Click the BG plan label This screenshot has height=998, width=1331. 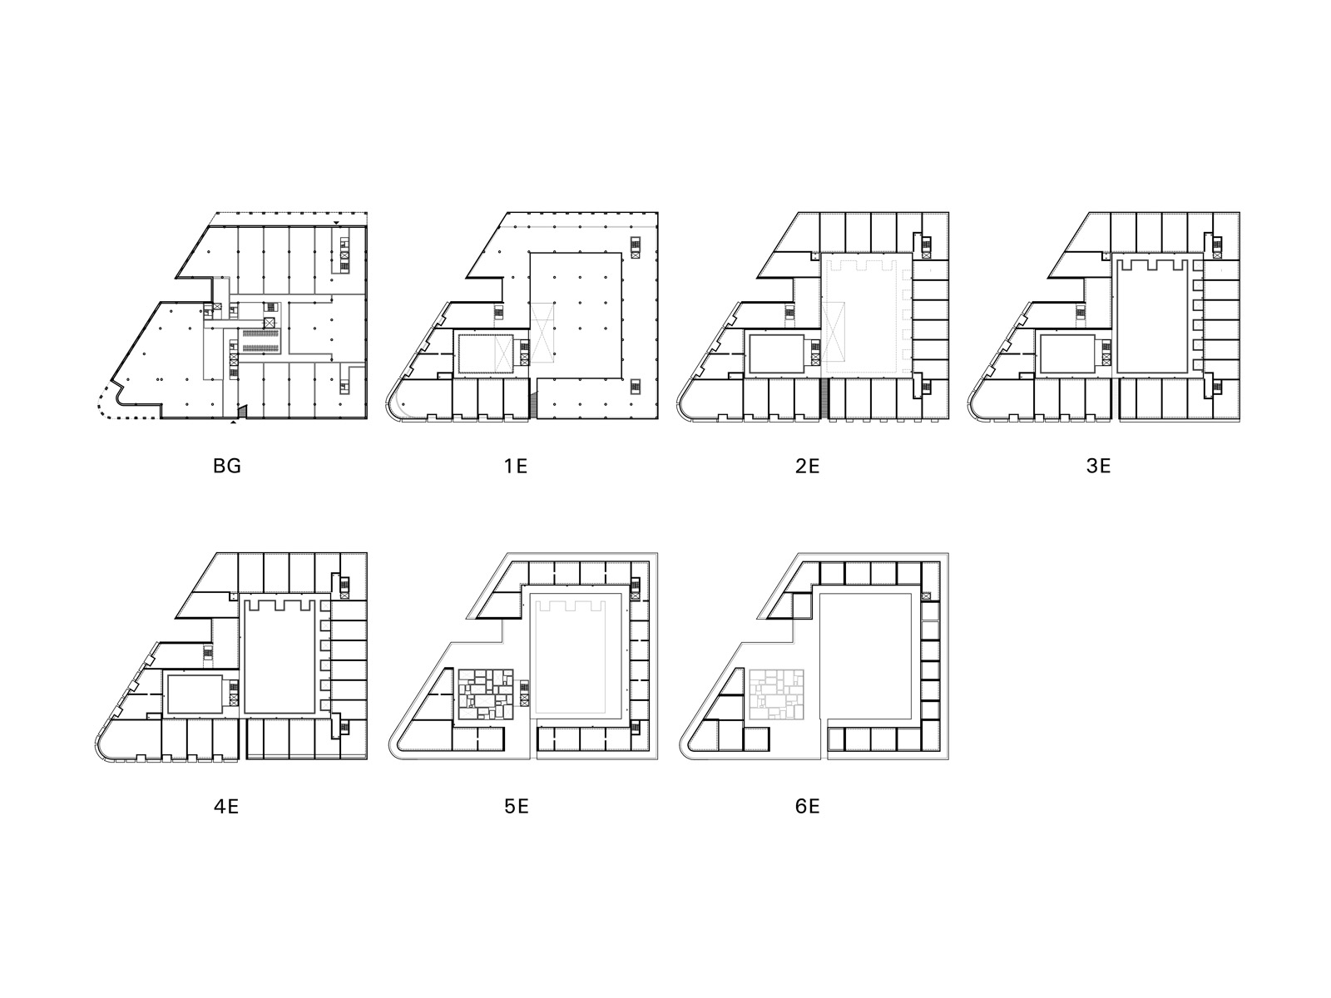pos(227,466)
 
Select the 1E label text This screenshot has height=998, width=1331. pos(516,466)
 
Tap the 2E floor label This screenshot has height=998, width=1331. pos(807,466)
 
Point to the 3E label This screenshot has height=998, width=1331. pos(1098,466)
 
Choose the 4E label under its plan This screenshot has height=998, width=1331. pos(226,807)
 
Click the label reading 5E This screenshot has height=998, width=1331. pos(517,807)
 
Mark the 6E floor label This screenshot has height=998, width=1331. pos(807,807)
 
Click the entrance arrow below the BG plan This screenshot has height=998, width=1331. pos(234,422)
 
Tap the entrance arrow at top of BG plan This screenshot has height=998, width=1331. pos(337,223)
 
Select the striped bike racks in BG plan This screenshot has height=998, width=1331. pos(260,339)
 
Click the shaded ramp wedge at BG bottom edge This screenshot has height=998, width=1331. pos(241,411)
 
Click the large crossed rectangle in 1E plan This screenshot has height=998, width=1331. pos(542,333)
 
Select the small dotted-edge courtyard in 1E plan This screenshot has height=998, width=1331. pos(485,353)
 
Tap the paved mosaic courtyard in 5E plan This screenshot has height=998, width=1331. pos(486,694)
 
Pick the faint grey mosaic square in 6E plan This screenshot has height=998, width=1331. pos(777,694)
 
